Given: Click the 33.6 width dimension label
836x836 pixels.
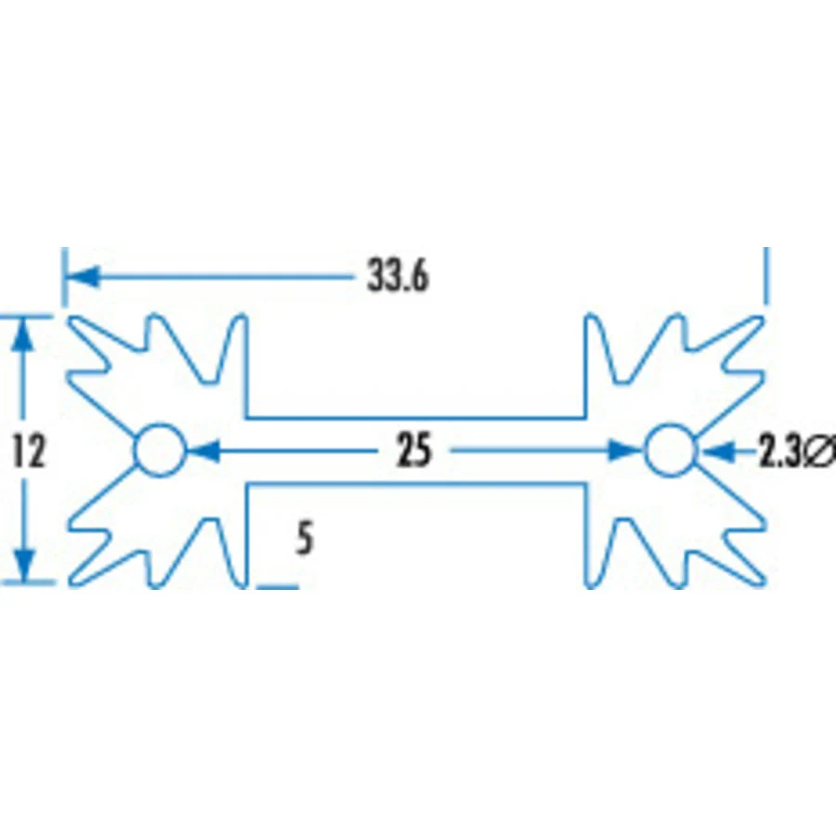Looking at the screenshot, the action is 398,277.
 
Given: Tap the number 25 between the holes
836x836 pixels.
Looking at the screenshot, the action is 413,451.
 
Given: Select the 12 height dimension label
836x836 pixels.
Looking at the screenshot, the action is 28,451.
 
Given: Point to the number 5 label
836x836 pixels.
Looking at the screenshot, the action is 305,539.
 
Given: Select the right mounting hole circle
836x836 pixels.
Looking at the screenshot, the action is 646,451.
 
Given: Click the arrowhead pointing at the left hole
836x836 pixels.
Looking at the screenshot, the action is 203,451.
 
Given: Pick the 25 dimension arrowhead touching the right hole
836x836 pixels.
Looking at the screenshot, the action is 626,451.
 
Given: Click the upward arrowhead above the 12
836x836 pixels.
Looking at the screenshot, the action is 23,334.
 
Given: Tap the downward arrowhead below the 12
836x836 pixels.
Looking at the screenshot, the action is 23,565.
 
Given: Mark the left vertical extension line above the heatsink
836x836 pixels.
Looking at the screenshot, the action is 64,277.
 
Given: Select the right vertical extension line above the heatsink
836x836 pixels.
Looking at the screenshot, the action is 766,275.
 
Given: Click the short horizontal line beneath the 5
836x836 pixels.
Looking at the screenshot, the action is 278,586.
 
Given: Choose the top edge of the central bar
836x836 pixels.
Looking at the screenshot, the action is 416,417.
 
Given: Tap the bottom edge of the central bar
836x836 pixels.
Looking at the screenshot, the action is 416,484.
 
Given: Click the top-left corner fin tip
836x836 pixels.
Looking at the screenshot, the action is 72,319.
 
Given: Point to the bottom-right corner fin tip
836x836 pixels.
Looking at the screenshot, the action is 761,582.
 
